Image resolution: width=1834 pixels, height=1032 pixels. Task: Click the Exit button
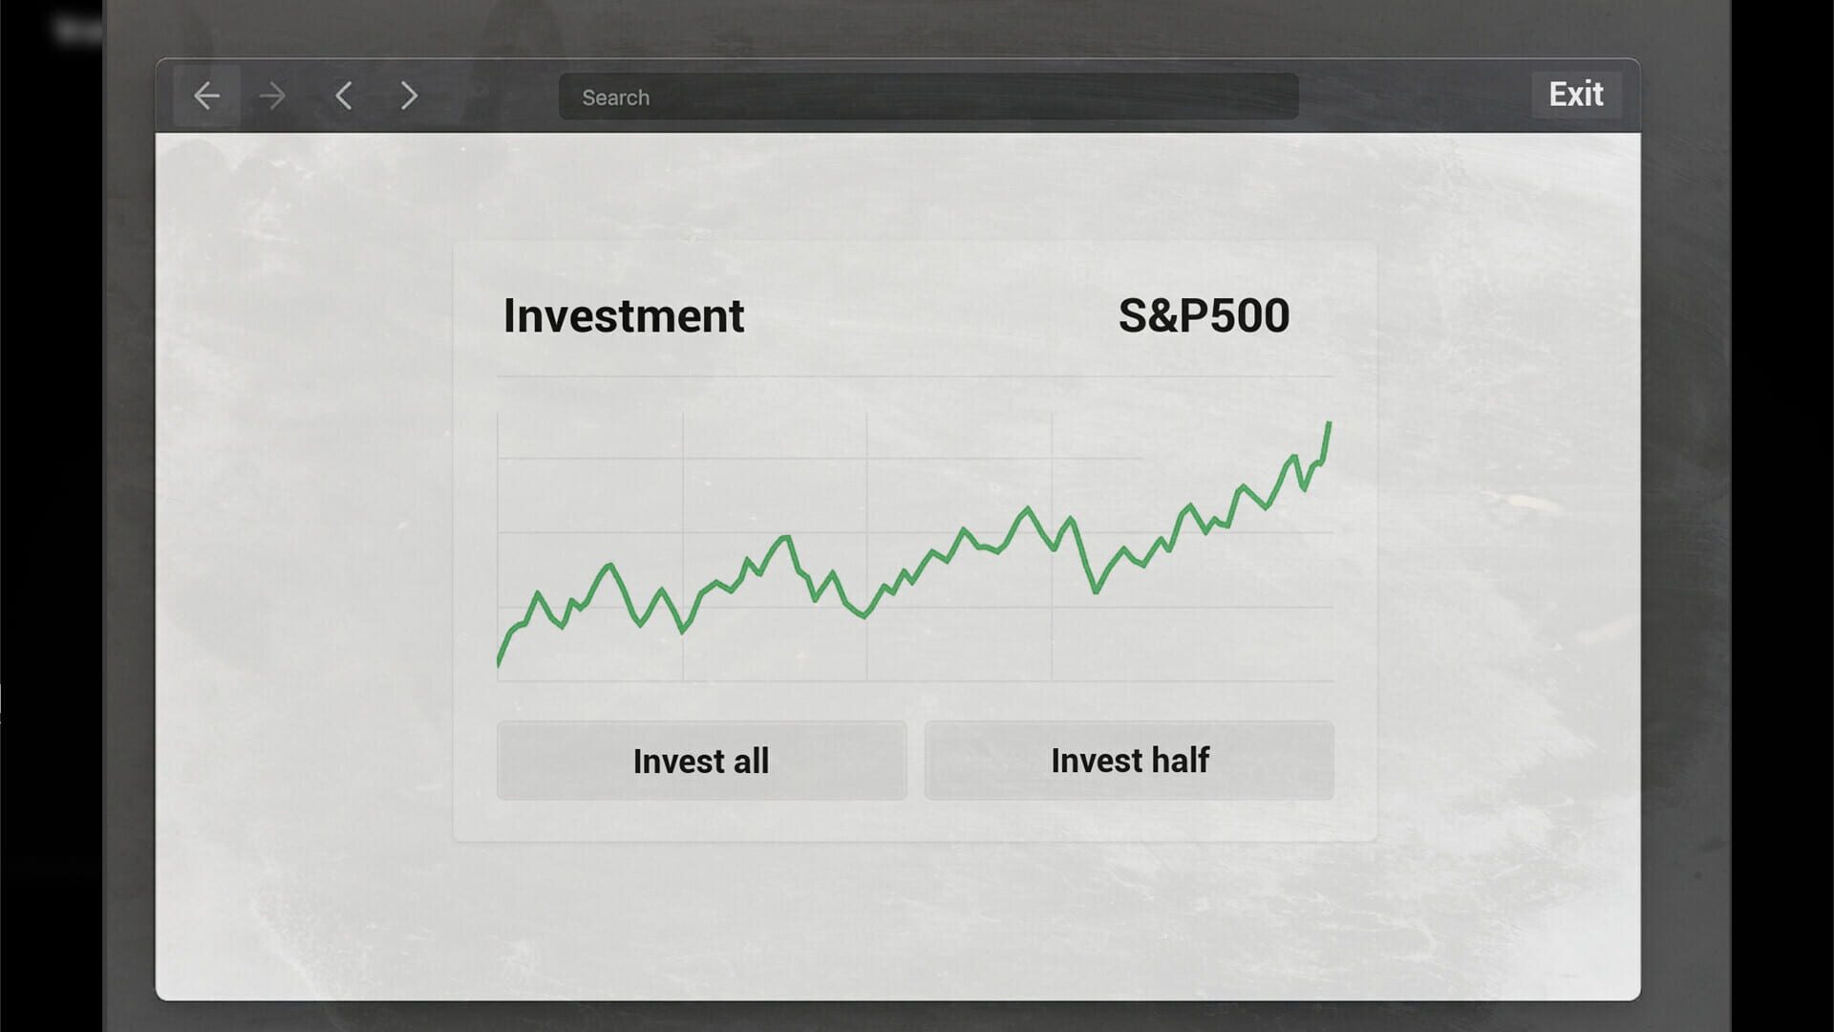(1576, 95)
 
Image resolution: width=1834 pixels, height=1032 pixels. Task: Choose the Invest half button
(1129, 761)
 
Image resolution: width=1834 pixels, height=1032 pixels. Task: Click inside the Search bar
(928, 97)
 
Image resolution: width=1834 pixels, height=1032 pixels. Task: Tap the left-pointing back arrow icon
(206, 96)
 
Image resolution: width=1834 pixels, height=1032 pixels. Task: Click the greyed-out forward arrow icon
(272, 96)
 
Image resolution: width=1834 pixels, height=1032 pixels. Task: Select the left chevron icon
(344, 96)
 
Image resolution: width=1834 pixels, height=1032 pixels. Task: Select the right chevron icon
(409, 96)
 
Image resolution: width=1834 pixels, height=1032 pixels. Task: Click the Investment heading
(624, 316)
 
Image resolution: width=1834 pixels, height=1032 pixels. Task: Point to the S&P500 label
(1204, 316)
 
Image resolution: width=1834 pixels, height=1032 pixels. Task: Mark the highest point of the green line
(1329, 423)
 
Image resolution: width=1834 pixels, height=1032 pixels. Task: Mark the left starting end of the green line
(499, 662)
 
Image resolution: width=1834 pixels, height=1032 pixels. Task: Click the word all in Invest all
(751, 762)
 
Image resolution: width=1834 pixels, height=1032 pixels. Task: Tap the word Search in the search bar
(616, 97)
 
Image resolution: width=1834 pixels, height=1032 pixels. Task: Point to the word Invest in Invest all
(679, 762)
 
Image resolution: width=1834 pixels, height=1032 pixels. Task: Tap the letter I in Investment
(509, 316)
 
